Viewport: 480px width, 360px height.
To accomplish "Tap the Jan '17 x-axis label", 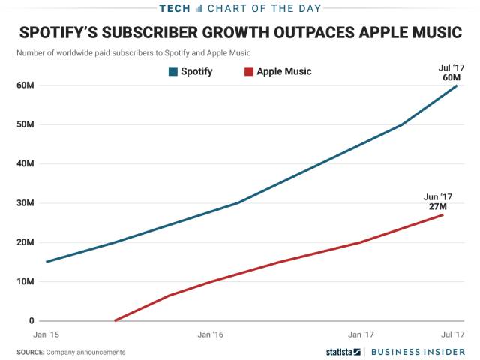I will click(361, 334).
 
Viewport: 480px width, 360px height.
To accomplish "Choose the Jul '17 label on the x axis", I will click(452, 334).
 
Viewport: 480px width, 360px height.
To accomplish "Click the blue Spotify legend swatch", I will click(173, 71).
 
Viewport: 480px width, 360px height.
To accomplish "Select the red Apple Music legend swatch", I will click(248, 71).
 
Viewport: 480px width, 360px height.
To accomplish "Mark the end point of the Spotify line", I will click(457, 85).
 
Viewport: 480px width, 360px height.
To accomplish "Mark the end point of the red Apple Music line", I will click(443, 215).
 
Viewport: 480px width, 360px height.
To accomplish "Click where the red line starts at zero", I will click(115, 321).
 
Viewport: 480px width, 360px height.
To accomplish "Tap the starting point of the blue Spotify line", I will click(46, 262).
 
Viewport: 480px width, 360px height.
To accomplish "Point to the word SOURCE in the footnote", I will click(30, 352).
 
